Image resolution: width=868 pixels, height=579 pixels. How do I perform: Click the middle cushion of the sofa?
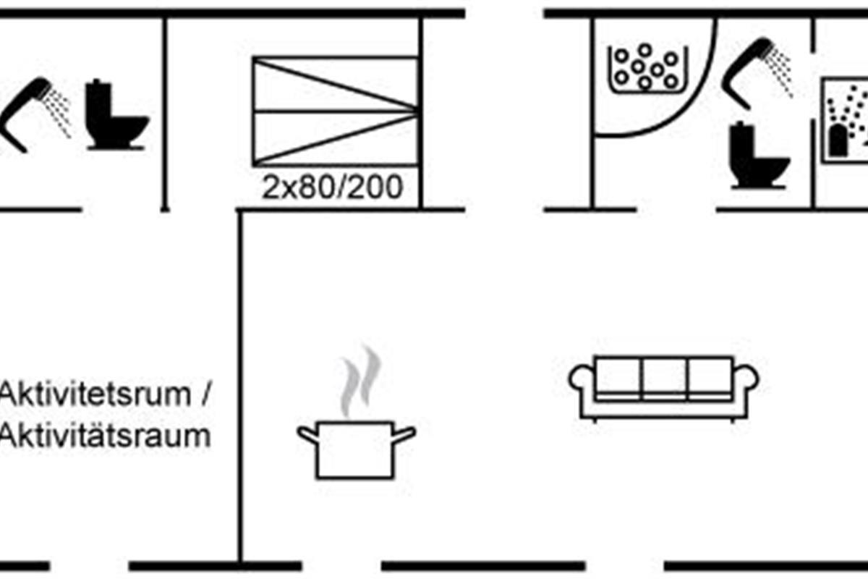[663, 376]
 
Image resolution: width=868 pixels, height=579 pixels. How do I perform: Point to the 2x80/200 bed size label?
[332, 188]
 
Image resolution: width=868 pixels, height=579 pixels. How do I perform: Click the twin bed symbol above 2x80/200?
[335, 111]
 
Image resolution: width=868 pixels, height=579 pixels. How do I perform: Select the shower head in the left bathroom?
[33, 109]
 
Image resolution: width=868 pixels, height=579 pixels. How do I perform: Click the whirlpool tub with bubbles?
[645, 67]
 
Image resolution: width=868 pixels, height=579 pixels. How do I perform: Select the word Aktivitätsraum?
[106, 437]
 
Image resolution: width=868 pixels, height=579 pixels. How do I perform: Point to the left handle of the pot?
[307, 434]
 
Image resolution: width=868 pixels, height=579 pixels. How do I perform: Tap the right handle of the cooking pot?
[404, 434]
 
